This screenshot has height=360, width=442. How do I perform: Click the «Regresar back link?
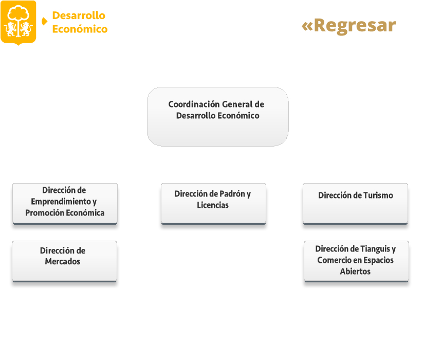coord(348,26)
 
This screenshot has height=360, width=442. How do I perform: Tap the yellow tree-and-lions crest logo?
coord(19,23)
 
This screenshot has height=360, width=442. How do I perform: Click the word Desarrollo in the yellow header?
coord(79,15)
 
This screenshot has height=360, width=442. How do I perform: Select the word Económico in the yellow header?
coord(80,29)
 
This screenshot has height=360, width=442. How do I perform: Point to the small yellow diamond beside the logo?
coord(44,22)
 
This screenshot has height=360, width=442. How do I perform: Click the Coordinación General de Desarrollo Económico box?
coord(217,117)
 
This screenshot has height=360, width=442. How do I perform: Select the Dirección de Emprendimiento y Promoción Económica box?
coord(65,204)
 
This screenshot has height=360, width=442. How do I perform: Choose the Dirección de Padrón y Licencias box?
coord(213,204)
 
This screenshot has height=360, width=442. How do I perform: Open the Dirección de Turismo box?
coord(355,204)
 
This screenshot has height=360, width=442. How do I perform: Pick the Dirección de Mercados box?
coord(64,261)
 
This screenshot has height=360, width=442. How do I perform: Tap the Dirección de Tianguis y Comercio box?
coord(356,261)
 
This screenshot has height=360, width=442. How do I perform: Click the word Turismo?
coord(378,195)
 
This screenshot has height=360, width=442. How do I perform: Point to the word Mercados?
coord(63,262)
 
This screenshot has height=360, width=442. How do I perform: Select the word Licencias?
coord(213,205)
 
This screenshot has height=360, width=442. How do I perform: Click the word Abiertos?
coord(355,272)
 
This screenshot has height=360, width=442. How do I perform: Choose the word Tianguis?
coord(375,249)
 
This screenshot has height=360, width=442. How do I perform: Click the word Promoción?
coord(43,213)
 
